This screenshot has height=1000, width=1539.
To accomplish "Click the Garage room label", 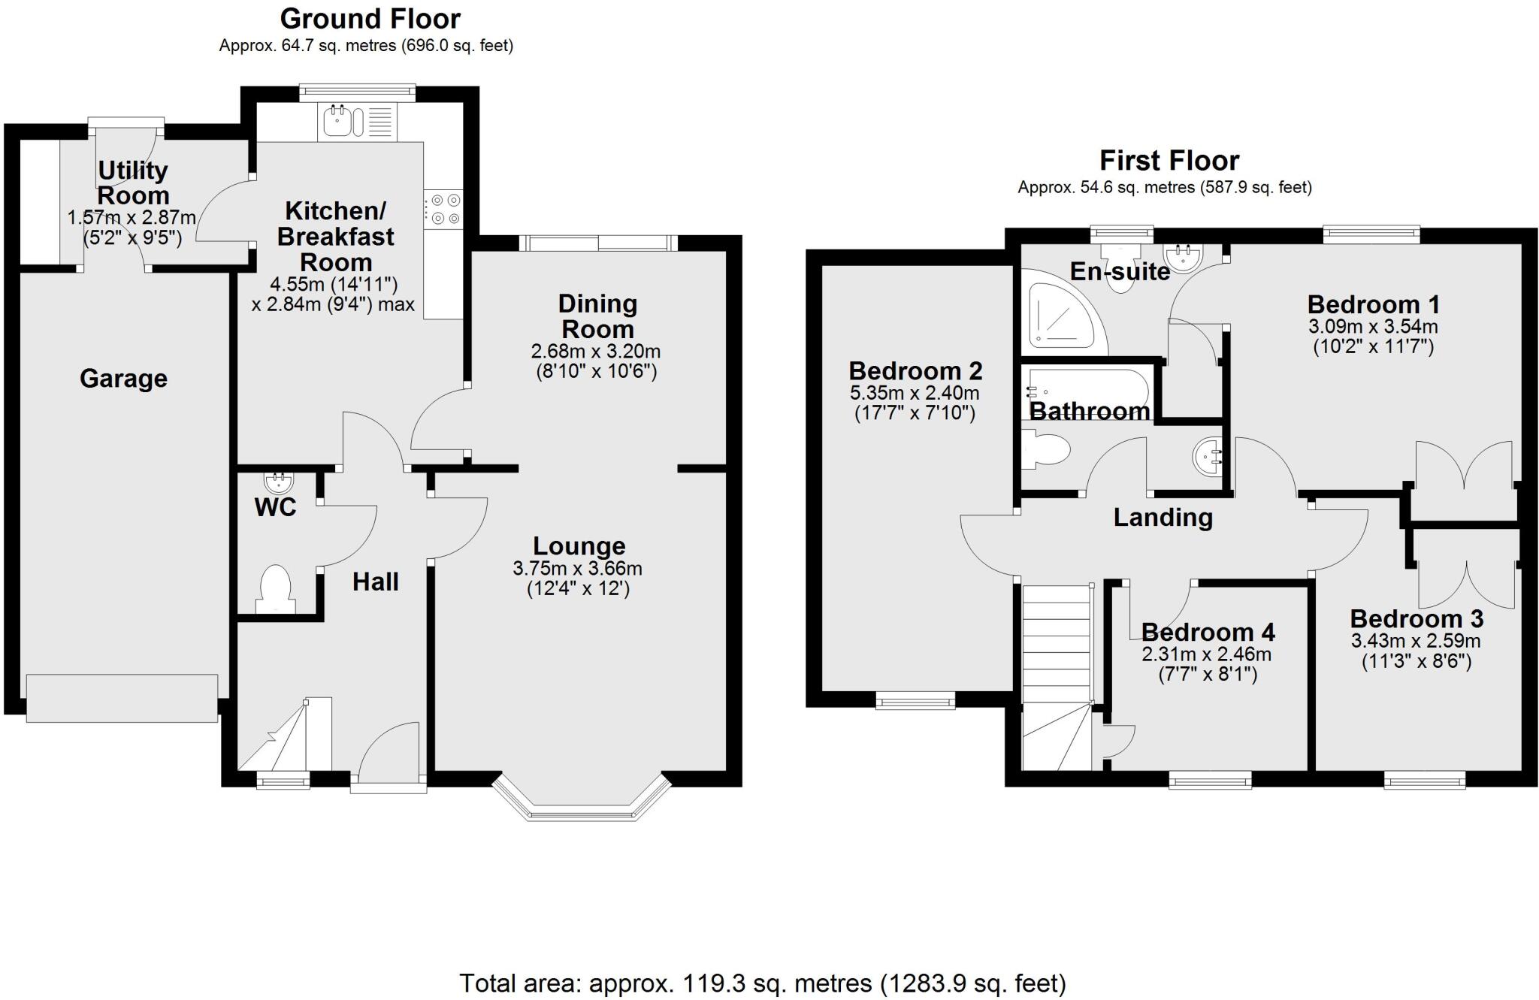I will coord(123,379).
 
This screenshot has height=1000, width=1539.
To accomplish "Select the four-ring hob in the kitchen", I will coord(444,210).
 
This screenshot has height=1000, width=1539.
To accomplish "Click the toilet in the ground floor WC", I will coord(275,589).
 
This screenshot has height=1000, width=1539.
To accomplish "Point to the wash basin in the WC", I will coord(279,481).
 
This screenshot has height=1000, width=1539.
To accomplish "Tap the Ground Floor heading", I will coord(370,18).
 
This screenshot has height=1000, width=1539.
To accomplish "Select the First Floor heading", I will coord(1169,160).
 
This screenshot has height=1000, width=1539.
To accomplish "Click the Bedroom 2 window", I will coord(915,702).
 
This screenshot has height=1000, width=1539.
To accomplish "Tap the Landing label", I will coord(1163,517).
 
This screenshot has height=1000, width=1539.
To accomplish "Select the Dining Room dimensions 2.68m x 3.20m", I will coord(595,351).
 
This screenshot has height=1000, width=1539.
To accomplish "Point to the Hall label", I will coord(376,582).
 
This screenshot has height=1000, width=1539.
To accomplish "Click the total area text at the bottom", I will coord(762,983).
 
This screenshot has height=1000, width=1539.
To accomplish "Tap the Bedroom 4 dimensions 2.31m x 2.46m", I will coord(1206,654).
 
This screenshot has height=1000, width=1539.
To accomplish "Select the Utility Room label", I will coord(133,183).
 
